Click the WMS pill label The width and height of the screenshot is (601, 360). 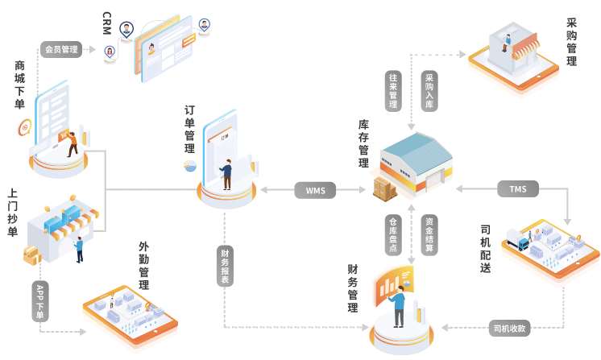tap(316, 190)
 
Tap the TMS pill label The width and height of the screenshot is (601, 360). tap(517, 190)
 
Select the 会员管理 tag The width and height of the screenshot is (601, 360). tap(61, 49)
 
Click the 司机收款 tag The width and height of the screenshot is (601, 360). tap(511, 328)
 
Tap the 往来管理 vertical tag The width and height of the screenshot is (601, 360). tap(393, 91)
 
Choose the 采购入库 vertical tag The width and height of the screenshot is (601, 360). tap(429, 91)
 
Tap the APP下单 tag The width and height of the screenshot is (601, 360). tap(39, 301)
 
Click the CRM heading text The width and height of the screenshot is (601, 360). tap(107, 24)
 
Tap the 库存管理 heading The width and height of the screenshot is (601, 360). tap(363, 144)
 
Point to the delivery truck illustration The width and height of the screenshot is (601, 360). tap(516, 239)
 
